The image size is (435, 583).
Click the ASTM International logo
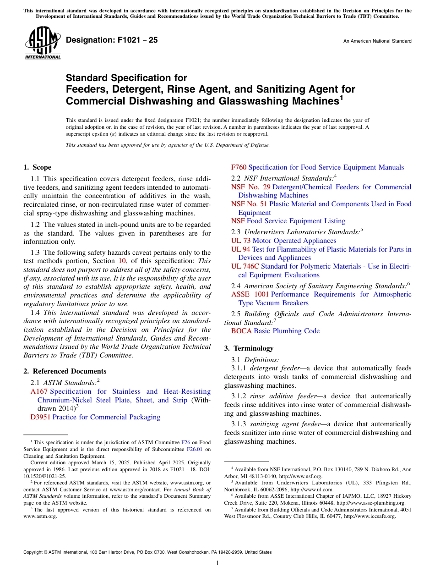tap(42, 43)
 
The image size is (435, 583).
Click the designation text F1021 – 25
tap(112, 40)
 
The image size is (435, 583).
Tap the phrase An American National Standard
tap(377, 41)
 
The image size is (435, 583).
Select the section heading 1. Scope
tap(37, 167)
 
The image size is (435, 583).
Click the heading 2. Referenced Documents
tap(65, 371)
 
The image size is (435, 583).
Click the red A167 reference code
tap(39, 391)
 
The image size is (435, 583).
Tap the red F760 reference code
tap(239, 167)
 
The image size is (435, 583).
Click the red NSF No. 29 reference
tap(250, 187)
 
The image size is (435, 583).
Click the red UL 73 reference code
tap(241, 241)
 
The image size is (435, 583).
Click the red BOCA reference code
tap(241, 331)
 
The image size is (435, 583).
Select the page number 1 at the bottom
tap(217, 563)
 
